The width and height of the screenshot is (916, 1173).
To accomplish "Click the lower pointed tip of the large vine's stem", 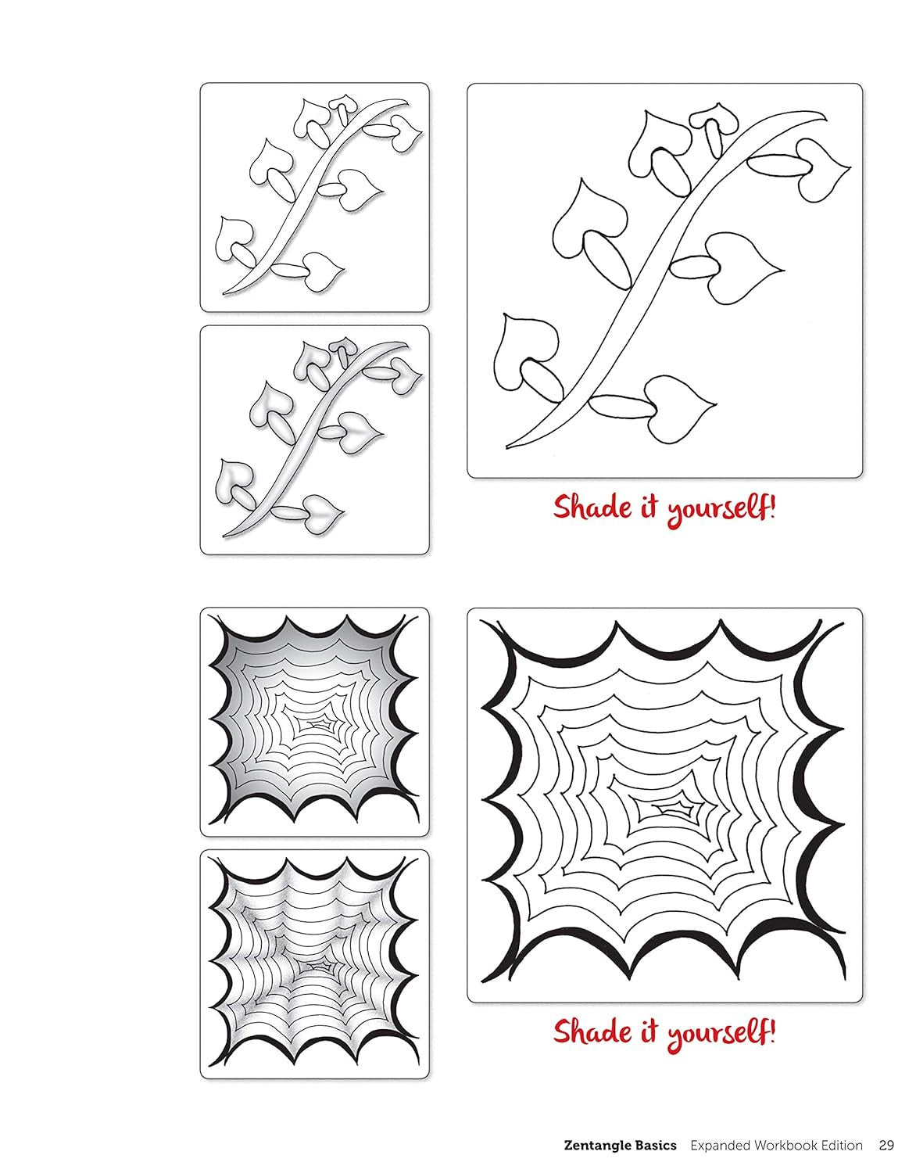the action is coord(507,447).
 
